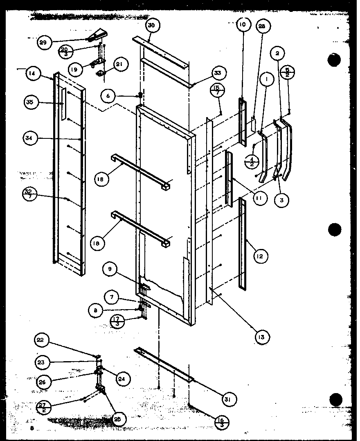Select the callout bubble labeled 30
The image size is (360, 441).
tap(151, 25)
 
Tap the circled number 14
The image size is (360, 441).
tap(32, 74)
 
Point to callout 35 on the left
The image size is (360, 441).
tap(30, 102)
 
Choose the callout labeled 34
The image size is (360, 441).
tap(28, 138)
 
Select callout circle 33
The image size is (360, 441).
tap(217, 74)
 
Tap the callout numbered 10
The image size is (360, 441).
tap(242, 25)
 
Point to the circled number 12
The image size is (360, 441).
tap(260, 257)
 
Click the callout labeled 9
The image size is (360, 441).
tap(110, 269)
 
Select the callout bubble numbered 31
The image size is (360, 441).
tap(230, 399)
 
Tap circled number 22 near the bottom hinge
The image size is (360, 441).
tap(42, 341)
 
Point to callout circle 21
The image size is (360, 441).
tap(121, 64)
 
